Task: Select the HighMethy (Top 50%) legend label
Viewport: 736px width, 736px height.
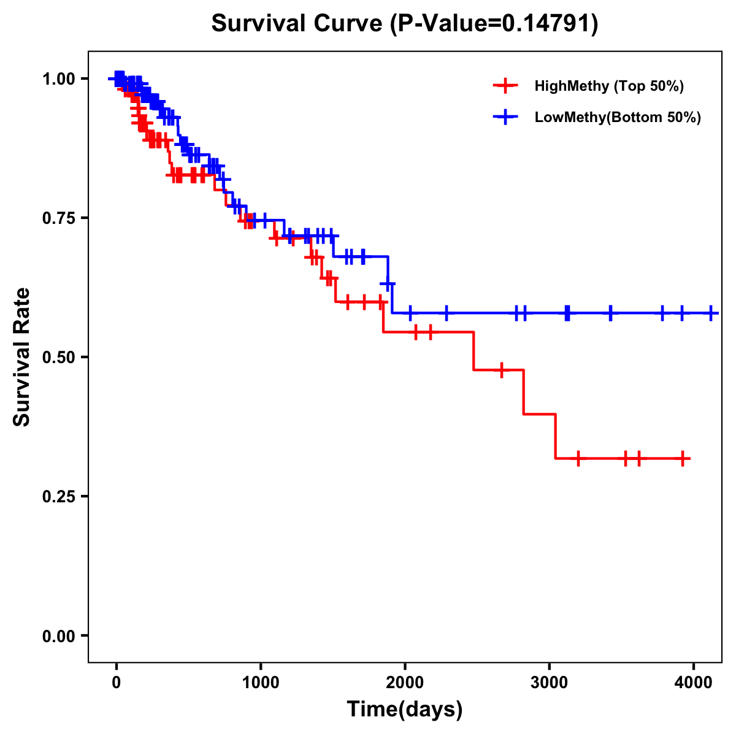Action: (608, 86)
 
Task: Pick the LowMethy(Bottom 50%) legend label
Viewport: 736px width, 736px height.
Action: (618, 117)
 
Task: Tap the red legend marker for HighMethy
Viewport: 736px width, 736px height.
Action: (505, 86)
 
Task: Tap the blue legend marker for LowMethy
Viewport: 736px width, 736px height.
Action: (505, 117)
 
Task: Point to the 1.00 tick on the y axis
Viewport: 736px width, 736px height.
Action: (58, 79)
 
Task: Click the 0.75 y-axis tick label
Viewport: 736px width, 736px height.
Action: (58, 218)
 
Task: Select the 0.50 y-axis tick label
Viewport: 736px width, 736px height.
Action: (58, 358)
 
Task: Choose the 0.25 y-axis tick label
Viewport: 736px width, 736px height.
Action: (58, 497)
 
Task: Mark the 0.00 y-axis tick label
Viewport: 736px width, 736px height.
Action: (58, 636)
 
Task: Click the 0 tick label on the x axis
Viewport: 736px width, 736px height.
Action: (116, 681)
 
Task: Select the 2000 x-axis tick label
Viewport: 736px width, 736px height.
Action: (405, 681)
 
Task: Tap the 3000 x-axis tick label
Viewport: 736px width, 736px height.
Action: (549, 681)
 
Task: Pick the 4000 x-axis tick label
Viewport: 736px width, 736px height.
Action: (693, 681)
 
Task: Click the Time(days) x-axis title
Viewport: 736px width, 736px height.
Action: (405, 710)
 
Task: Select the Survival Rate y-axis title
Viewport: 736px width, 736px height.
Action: (22, 357)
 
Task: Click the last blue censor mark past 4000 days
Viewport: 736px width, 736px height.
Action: (711, 313)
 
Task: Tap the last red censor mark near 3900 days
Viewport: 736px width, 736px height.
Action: (683, 458)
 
